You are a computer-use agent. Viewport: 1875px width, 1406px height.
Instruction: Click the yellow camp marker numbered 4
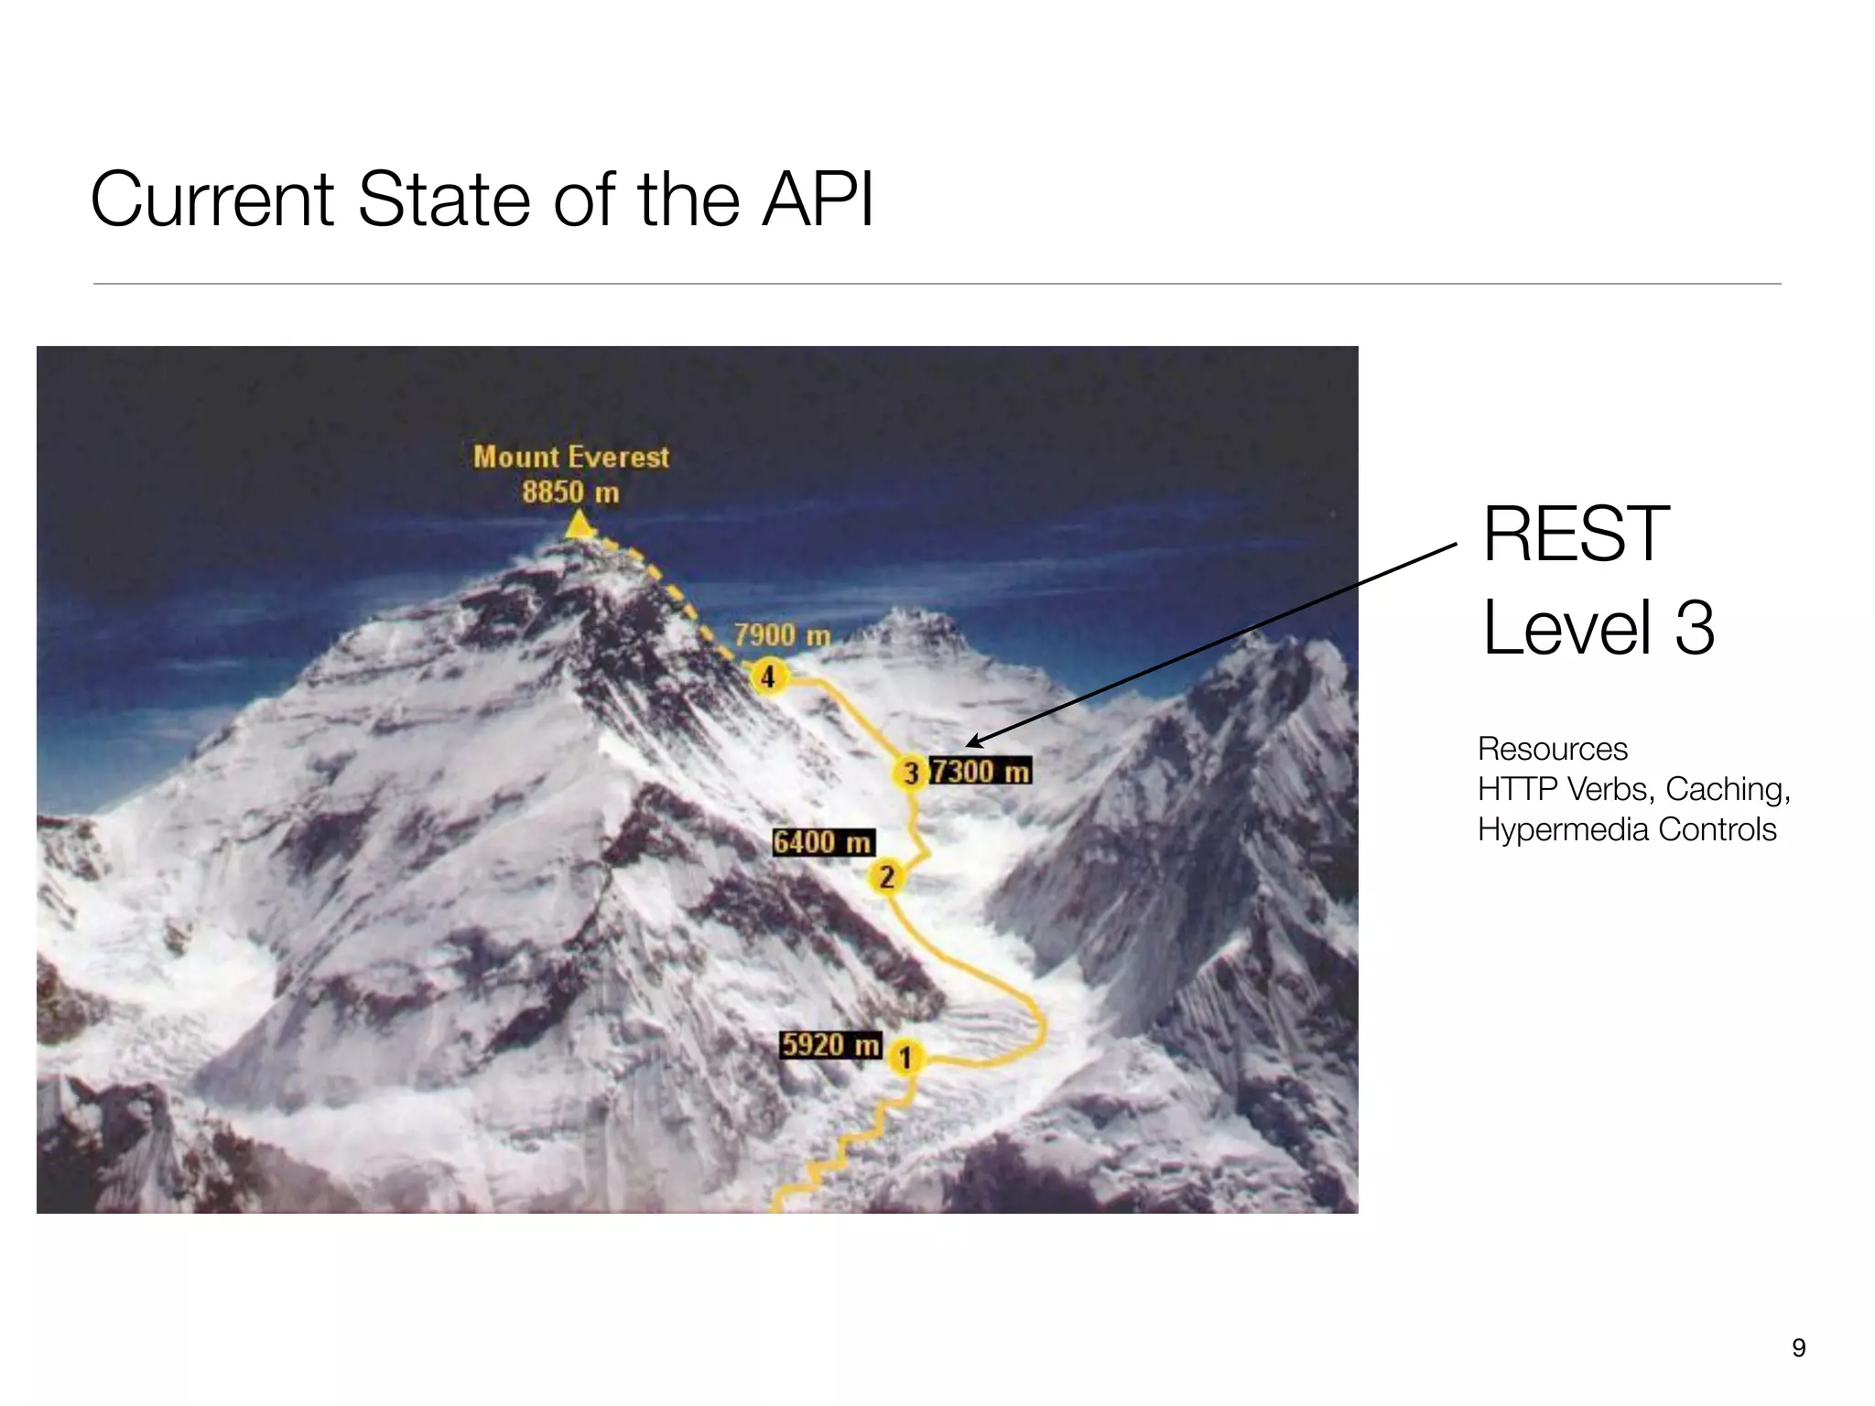click(768, 676)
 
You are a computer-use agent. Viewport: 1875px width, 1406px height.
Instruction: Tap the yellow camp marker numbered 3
click(910, 773)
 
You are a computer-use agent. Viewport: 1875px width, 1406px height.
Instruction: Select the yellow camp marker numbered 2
click(885, 877)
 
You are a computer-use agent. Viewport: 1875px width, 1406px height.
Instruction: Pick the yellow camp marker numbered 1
click(905, 1057)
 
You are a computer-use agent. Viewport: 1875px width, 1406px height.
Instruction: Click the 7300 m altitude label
click(981, 771)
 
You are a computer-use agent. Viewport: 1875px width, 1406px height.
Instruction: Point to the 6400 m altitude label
click(822, 842)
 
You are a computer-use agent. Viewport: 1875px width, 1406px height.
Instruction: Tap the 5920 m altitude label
click(830, 1044)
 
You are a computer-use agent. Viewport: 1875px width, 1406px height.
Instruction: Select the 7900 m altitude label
click(782, 634)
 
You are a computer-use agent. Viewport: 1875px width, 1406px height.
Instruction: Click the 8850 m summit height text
click(570, 492)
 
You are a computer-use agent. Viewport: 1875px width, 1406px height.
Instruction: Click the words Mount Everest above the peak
click(571, 457)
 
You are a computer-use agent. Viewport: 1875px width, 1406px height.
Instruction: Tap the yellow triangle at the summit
click(579, 525)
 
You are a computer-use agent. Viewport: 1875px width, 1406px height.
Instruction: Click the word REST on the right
click(1576, 535)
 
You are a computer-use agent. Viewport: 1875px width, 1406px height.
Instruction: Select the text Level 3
click(1598, 628)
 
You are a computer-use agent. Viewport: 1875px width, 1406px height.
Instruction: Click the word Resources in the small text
click(1553, 749)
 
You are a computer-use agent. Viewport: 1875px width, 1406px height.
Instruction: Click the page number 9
click(1798, 1347)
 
